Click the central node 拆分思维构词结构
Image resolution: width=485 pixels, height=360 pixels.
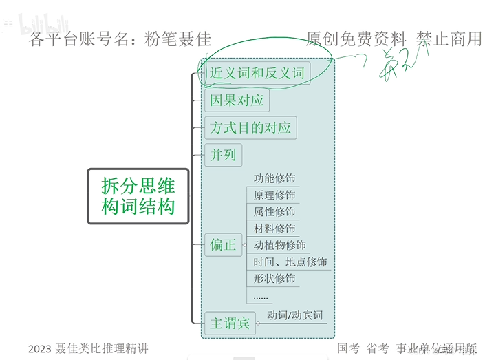coord(138,195)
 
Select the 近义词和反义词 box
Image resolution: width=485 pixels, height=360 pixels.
coord(257,73)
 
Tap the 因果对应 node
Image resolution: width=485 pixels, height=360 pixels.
coord(237,100)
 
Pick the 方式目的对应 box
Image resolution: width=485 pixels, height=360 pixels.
coord(250,127)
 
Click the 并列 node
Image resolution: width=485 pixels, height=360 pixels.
coord(223,154)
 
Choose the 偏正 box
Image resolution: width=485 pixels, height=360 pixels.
coord(223,244)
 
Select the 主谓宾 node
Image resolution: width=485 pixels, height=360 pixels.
coord(230,323)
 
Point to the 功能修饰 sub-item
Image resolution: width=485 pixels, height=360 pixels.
coord(274,178)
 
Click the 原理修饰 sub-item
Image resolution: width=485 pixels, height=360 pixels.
coord(274,195)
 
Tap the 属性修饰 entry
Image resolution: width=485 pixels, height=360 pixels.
coord(274,211)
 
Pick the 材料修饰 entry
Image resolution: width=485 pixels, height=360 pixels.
coord(274,228)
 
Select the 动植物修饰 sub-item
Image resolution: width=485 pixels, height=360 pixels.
coord(280,244)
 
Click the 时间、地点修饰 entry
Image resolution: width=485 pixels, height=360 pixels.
coord(290,262)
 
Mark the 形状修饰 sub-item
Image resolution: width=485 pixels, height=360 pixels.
coord(274,278)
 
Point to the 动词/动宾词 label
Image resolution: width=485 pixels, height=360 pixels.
coord(295,315)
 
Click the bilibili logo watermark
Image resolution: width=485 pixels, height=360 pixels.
coord(44,25)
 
